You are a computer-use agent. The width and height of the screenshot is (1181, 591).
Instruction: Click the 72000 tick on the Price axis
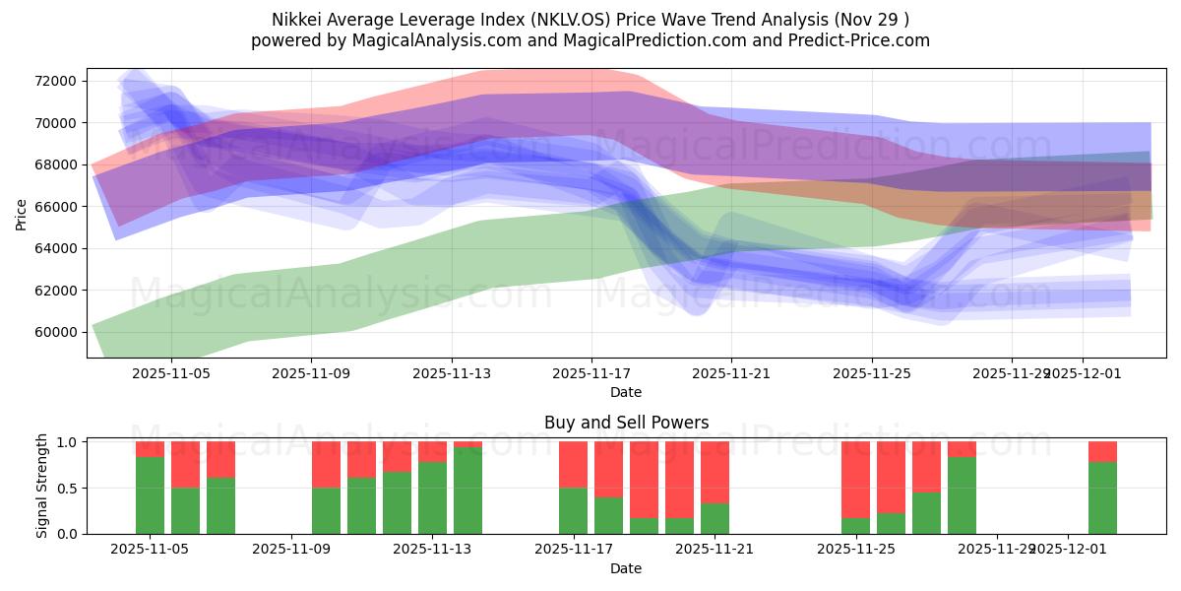(x=56, y=81)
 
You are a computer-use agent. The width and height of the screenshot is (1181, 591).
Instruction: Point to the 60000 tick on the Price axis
(x=56, y=332)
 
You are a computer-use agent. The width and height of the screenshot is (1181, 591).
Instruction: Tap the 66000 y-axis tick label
(x=56, y=207)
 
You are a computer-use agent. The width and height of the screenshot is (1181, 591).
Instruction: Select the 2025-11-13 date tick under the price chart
(x=452, y=374)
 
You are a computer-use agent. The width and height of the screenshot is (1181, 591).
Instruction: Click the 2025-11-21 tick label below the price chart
(x=731, y=374)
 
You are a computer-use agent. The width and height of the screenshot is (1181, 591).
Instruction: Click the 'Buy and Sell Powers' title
(x=626, y=424)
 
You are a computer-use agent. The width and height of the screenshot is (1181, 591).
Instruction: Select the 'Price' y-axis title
(x=22, y=213)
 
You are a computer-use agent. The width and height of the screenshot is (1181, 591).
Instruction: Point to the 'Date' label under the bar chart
(x=626, y=568)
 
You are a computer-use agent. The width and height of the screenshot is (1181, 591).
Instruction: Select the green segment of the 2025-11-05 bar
(x=150, y=495)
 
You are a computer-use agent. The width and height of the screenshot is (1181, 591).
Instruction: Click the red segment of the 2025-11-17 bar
(x=573, y=464)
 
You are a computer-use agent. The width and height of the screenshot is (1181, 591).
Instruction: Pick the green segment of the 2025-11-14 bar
(x=467, y=491)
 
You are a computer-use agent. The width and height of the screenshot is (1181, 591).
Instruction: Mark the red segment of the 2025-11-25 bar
(x=855, y=479)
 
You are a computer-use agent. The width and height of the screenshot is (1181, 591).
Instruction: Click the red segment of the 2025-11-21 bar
(x=715, y=472)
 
